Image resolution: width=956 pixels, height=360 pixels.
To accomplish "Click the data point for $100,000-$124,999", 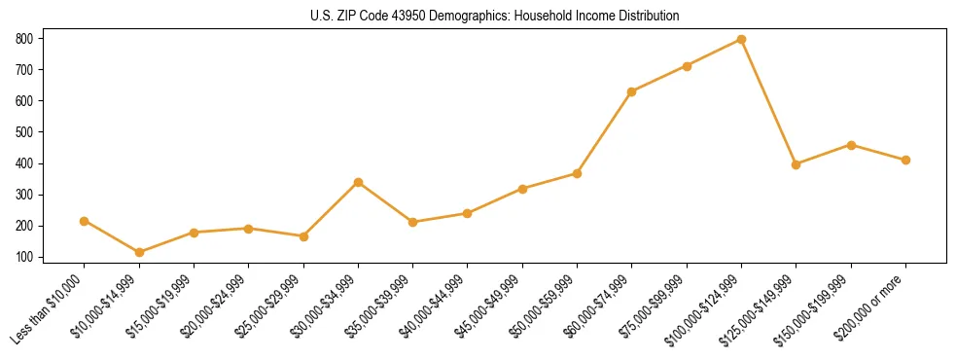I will coord(741,40).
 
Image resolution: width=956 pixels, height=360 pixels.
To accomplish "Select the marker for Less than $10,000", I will coord(85,221).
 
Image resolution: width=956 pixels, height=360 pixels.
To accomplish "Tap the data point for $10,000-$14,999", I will coord(139,253).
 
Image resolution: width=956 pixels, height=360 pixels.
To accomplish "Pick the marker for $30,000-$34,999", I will coord(358,182).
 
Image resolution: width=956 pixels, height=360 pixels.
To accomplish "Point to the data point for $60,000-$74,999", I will coord(632,91).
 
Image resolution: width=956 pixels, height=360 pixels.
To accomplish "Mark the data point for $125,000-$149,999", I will coord(797,164).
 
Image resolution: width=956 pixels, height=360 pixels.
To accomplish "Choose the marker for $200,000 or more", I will coord(905,160).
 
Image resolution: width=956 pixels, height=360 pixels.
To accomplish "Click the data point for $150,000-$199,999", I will coord(851,145).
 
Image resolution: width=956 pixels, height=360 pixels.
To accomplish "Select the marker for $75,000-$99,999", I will coord(687,66).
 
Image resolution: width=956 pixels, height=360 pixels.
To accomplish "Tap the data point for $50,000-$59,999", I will coord(577,173).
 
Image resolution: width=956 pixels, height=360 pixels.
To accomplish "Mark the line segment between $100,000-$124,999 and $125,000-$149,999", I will coord(768,102).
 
